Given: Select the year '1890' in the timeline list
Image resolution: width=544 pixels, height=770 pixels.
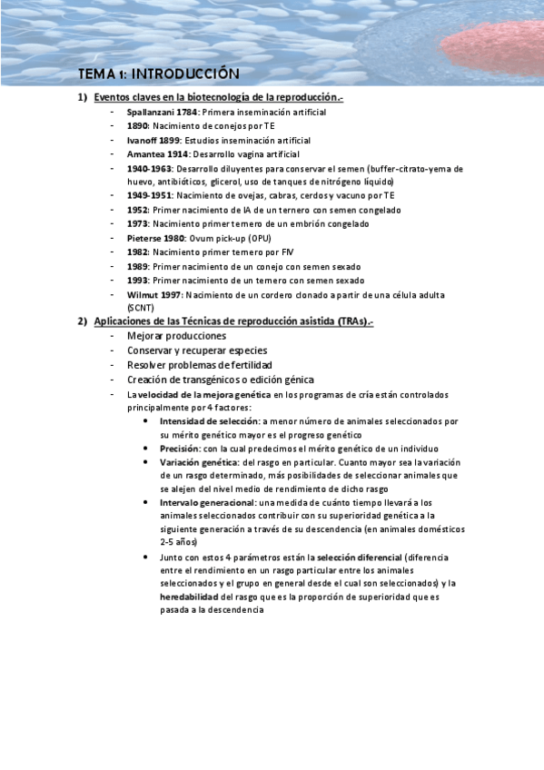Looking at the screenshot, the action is click(137, 125).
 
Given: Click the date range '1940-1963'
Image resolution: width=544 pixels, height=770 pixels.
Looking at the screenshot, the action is click(150, 169).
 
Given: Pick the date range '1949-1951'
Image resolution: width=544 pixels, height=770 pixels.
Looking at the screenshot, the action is click(150, 195).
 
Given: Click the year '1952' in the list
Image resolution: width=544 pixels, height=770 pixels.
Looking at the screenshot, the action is click(137, 210).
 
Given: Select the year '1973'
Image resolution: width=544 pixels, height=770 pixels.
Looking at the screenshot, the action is click(137, 223).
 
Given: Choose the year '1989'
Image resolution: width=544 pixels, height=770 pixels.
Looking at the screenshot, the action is click(137, 267).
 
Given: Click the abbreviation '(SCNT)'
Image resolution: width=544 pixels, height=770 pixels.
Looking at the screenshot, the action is click(141, 308).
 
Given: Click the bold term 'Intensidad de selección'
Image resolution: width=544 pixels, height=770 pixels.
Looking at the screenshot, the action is click(209, 421).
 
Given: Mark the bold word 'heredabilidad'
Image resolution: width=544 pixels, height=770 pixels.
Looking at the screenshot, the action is click(189, 597).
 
